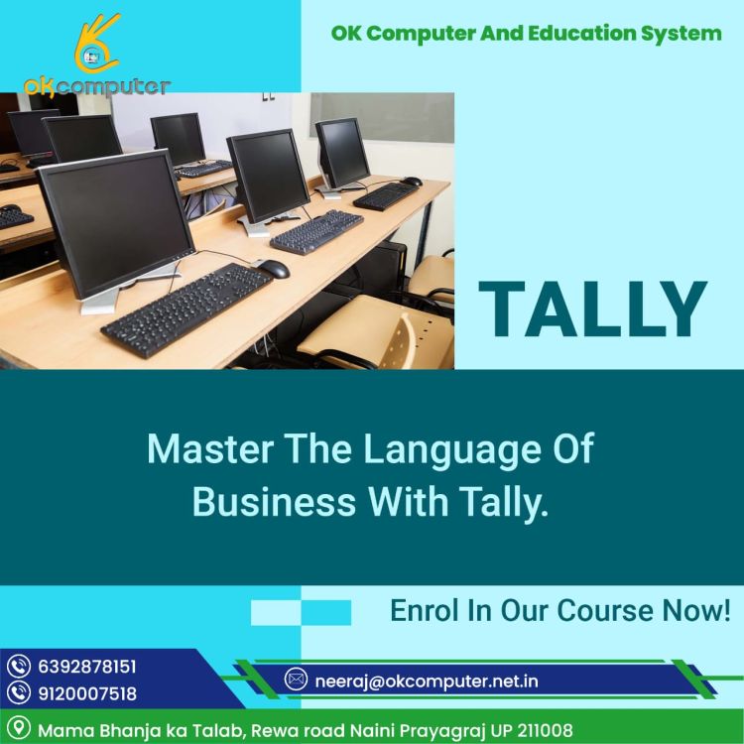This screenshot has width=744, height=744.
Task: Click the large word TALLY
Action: pyautogui.click(x=593, y=309)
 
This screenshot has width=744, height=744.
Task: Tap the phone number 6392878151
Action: pyautogui.click(x=87, y=667)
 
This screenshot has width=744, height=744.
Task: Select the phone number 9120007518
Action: pyautogui.click(x=87, y=693)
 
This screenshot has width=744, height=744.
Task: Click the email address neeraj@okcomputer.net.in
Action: pyautogui.click(x=427, y=682)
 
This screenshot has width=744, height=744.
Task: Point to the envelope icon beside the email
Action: pyautogui.click(x=296, y=680)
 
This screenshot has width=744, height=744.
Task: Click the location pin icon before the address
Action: pyautogui.click(x=19, y=728)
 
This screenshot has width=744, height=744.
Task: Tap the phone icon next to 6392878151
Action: pyautogui.click(x=19, y=667)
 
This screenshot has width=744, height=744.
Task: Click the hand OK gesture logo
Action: pyautogui.click(x=97, y=44)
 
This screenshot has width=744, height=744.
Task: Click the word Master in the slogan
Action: pyautogui.click(x=210, y=448)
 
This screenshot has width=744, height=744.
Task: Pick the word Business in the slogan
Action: pyautogui.click(x=274, y=502)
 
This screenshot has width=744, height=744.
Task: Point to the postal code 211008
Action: pyautogui.click(x=545, y=729)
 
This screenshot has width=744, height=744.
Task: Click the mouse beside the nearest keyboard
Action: pyautogui.click(x=273, y=269)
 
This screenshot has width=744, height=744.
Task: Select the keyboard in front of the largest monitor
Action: pyautogui.click(x=186, y=310)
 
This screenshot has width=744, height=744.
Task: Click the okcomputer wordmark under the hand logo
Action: pyautogui.click(x=97, y=87)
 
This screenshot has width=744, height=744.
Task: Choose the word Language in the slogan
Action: pyautogui.click(x=451, y=450)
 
